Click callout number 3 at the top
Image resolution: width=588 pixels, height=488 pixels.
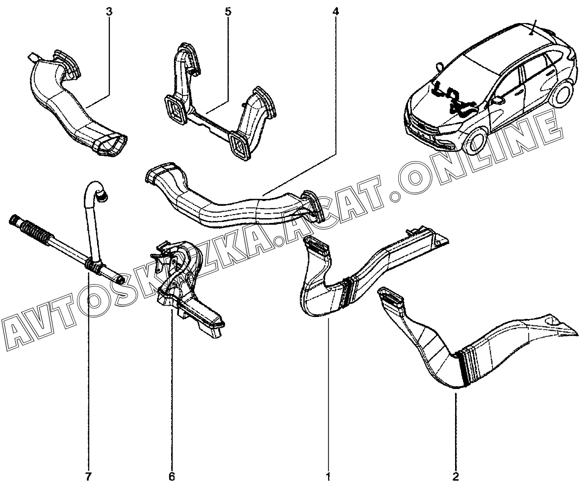click(109, 10)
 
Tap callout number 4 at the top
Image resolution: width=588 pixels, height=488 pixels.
click(335, 10)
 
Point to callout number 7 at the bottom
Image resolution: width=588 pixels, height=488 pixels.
click(88, 476)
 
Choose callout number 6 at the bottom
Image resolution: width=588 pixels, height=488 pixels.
click(172, 476)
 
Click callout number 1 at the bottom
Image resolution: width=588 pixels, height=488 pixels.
click(328, 476)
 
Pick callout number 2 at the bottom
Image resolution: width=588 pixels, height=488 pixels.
click(456, 476)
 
